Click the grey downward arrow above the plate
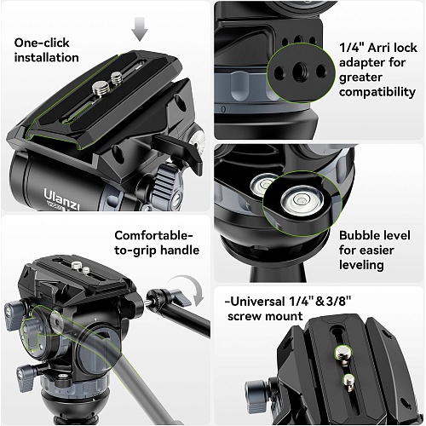pos(140,29)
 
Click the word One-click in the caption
pos(42,43)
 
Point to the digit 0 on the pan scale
pos(223,109)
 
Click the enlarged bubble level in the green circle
pos(302,200)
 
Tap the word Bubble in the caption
pos(356,235)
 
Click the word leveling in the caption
pos(361,265)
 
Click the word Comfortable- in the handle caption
pos(154,235)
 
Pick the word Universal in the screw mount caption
pos(257,302)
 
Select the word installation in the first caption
pos(47,58)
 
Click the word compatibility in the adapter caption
pos(377,92)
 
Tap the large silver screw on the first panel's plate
pos(100,87)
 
